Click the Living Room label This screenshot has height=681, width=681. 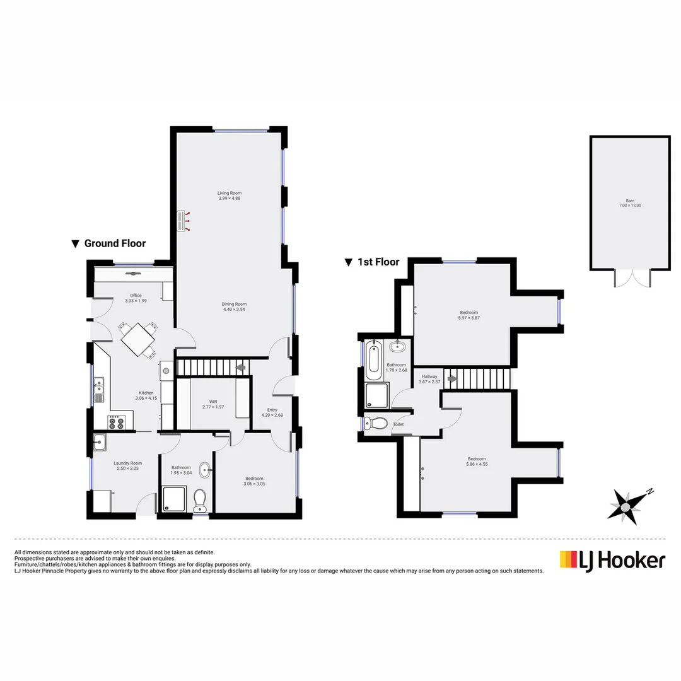click(x=230, y=193)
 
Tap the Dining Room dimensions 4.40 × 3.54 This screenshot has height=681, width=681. click(x=233, y=310)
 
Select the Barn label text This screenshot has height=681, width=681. click(x=630, y=201)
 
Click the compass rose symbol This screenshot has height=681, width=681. click(x=626, y=506)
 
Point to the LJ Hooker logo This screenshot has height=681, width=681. click(x=612, y=560)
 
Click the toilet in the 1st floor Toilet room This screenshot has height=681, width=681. click(x=377, y=424)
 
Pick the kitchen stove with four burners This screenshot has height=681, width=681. click(x=117, y=422)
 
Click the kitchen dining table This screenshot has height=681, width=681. click(x=138, y=340)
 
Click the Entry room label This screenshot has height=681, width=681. click(x=272, y=410)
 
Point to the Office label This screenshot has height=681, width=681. click(x=136, y=295)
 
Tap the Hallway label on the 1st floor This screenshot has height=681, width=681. click(x=428, y=376)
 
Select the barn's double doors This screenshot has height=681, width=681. click(x=631, y=279)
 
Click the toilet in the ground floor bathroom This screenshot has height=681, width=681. click(x=201, y=500)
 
